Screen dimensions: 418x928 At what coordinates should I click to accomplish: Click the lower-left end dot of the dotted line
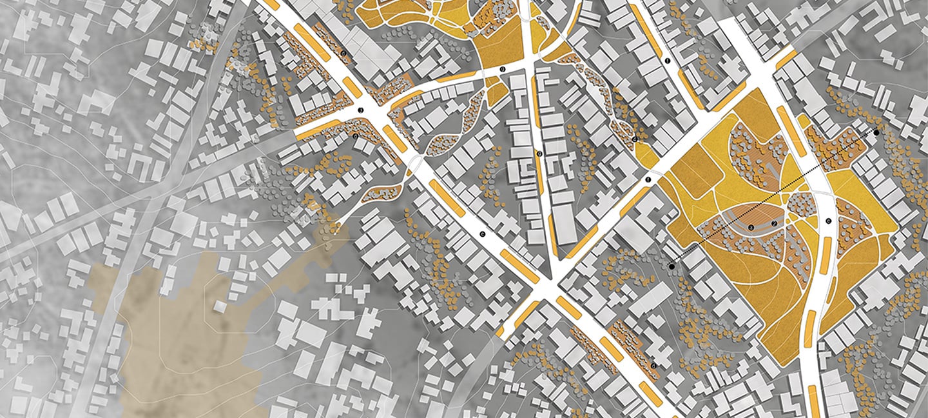(672, 266)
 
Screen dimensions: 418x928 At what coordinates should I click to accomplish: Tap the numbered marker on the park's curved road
(828, 221)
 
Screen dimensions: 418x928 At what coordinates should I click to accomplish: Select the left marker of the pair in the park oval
(751, 226)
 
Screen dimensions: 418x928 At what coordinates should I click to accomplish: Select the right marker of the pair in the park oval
(773, 224)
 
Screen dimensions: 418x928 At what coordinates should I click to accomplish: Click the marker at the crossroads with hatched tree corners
(362, 111)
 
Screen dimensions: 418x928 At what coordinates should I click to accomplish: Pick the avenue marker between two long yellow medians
(482, 234)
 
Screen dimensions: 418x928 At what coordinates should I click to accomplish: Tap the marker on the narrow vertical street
(539, 154)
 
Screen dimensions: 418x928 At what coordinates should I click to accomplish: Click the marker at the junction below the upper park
(502, 68)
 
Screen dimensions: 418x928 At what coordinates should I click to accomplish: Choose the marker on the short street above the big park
(668, 61)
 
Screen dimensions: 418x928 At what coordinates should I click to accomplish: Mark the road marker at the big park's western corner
(648, 179)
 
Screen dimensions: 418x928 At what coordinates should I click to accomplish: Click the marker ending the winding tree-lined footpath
(635, 139)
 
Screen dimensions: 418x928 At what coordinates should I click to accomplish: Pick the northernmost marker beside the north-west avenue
(343, 53)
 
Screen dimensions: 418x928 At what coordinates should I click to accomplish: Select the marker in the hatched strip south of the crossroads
(354, 136)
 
